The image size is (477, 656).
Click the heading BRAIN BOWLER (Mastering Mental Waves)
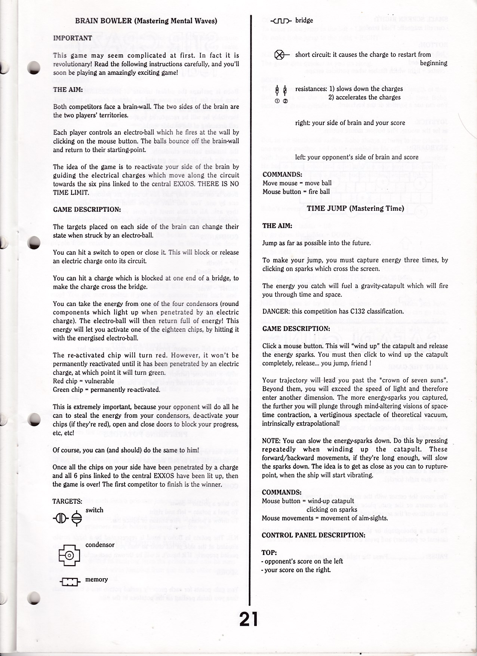[146, 21]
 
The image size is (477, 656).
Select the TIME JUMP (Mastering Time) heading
[355, 208]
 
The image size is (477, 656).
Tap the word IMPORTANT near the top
[73, 38]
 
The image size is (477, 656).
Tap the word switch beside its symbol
[94, 510]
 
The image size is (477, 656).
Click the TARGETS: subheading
[67, 501]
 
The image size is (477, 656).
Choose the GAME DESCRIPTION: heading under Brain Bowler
[87, 209]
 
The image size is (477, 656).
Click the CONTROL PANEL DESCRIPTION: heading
[314, 535]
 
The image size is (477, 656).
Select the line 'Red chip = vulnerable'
[83, 381]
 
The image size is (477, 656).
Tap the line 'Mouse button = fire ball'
[296, 192]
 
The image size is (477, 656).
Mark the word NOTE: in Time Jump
[271, 441]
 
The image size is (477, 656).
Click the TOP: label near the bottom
[269, 553]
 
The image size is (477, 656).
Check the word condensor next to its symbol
[100, 545]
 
